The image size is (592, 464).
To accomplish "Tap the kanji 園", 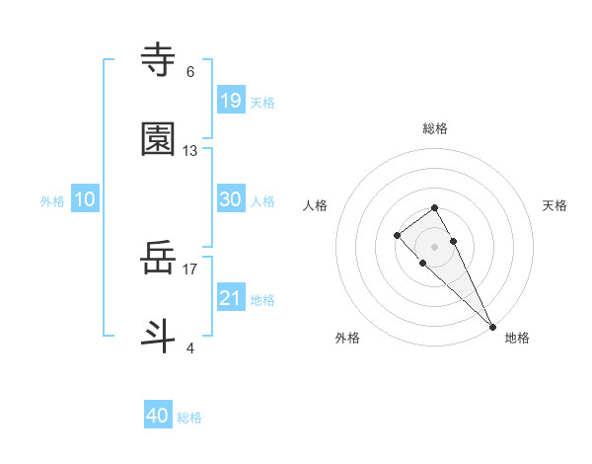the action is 159,140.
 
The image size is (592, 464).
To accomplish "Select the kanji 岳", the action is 159,259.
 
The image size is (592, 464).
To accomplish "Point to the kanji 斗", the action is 159,335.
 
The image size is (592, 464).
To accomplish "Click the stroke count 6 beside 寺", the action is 190,72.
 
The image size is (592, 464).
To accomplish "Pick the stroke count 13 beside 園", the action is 190,151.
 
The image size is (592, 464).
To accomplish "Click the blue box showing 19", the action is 231,100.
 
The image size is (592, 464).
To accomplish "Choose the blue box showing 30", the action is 231,198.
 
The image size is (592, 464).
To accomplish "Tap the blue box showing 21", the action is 231,297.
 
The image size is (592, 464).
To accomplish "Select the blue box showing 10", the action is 85,198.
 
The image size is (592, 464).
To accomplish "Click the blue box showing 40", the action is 158,416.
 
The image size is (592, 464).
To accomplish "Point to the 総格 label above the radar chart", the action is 435,128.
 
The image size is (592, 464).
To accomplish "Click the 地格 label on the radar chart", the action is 517,338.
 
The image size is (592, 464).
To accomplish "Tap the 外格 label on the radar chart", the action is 347,338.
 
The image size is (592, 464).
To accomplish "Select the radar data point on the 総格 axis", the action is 434,207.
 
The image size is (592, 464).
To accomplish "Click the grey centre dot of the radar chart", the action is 434,247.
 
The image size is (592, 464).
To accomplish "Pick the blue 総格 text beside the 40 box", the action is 189,418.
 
